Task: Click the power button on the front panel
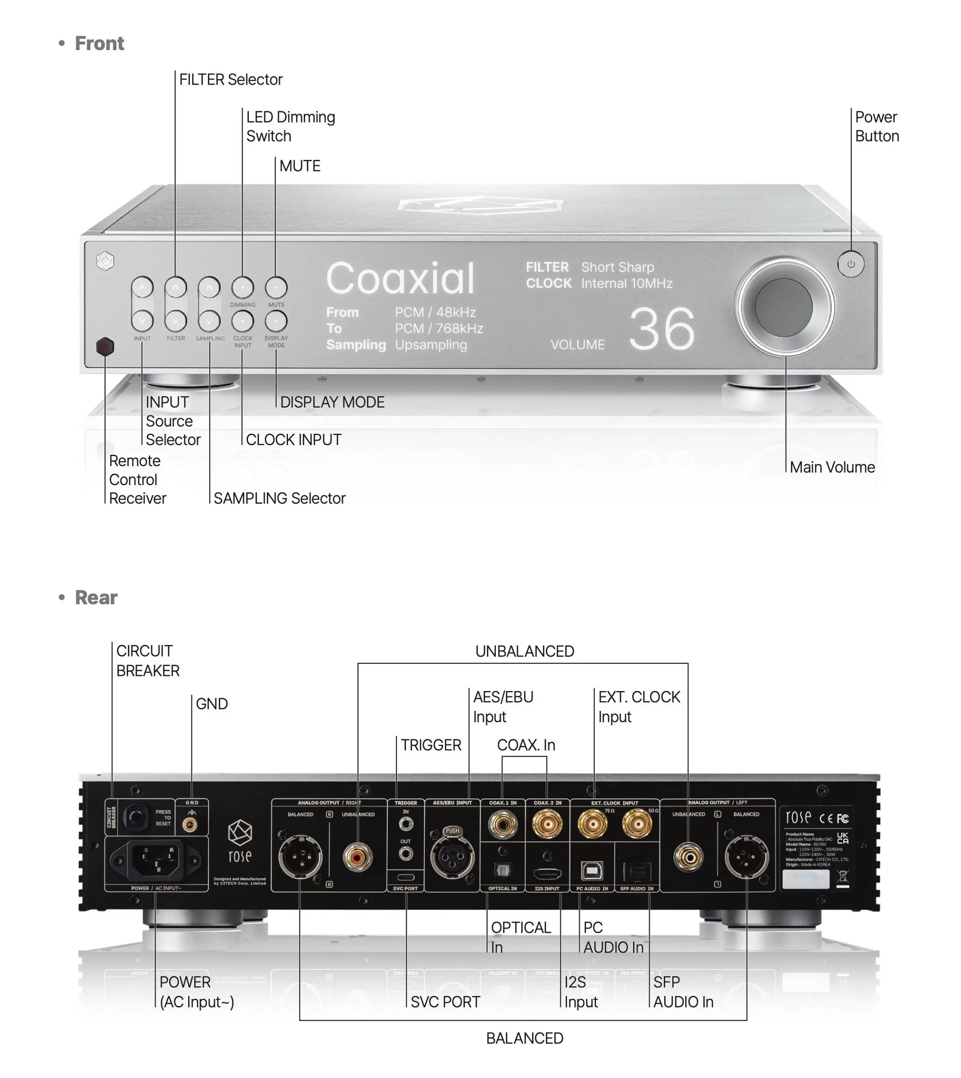pyautogui.click(x=851, y=264)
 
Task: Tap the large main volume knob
pyautogui.click(x=784, y=307)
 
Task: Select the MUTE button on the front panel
pyautogui.click(x=276, y=288)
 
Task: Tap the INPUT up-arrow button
pyautogui.click(x=142, y=288)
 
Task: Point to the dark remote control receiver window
pyautogui.click(x=105, y=347)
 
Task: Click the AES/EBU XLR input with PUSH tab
pyautogui.click(x=452, y=856)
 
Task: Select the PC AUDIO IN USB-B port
pyautogui.click(x=592, y=870)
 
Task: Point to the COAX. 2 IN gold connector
pyautogui.click(x=547, y=825)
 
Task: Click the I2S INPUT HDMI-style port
pyautogui.click(x=547, y=873)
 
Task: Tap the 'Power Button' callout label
pyautogui.click(x=876, y=127)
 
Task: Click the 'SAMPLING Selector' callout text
pyautogui.click(x=280, y=498)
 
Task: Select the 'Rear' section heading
pyautogui.click(x=96, y=598)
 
